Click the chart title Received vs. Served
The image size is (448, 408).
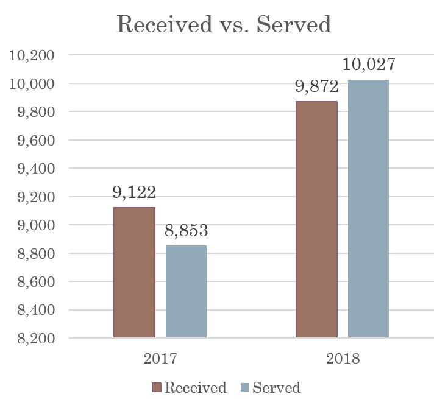224,25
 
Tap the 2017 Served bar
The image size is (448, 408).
186,292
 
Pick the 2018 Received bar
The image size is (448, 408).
316,219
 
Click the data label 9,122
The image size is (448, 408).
134,193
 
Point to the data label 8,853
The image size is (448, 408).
187,231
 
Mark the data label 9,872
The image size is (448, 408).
316,87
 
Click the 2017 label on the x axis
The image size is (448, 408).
160,358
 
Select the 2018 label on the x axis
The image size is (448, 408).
343,358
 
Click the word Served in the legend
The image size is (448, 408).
276,388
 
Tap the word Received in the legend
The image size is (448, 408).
195,388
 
